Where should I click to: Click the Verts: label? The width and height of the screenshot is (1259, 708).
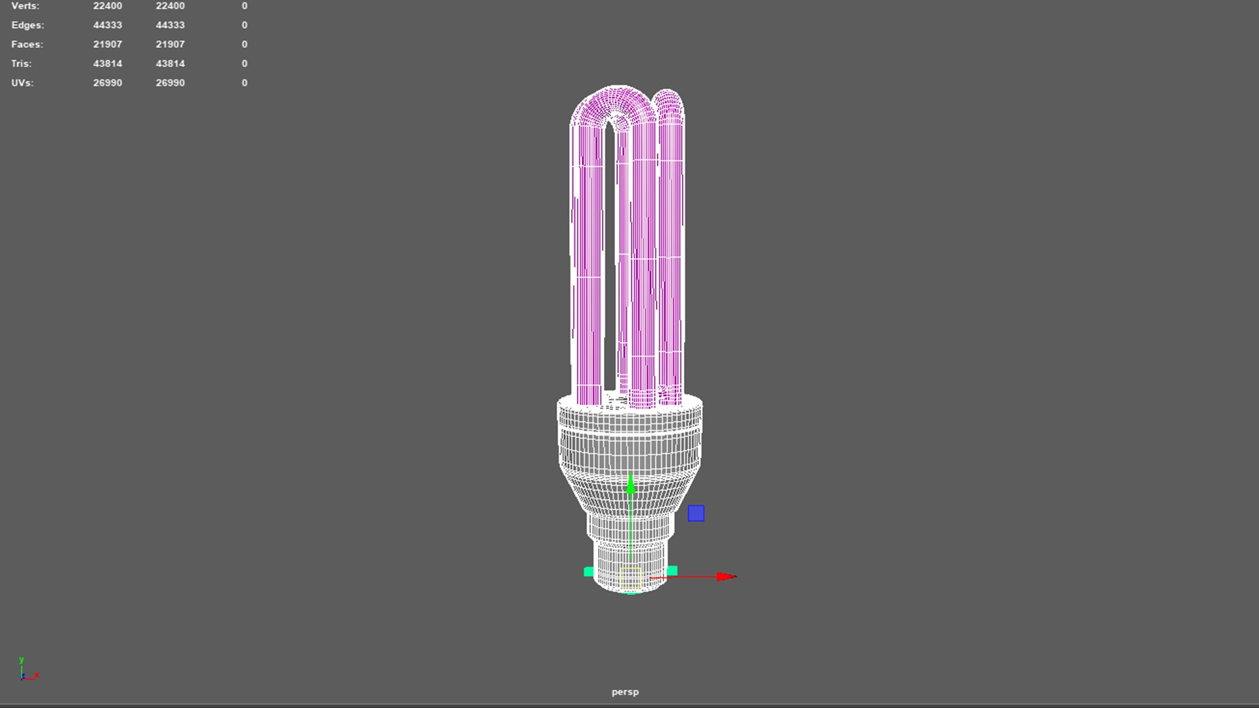[x=25, y=6]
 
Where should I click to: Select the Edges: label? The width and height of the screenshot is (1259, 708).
[x=28, y=25]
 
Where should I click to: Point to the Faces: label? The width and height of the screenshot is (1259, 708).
[x=27, y=44]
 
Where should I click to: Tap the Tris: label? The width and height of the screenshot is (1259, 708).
[x=21, y=64]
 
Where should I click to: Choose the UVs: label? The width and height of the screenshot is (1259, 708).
[x=22, y=83]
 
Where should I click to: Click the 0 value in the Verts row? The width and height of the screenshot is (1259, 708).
[x=245, y=6]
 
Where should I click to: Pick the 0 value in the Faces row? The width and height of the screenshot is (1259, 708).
[x=245, y=44]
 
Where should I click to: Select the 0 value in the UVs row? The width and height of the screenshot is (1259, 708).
[x=245, y=83]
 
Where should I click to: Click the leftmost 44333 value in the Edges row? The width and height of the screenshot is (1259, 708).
[x=108, y=25]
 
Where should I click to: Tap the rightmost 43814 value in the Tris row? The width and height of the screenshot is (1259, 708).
[x=170, y=64]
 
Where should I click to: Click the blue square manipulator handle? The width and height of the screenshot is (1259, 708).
[x=696, y=513]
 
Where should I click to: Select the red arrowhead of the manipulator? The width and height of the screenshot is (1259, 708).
[x=727, y=577]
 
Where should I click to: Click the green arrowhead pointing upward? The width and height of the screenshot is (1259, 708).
[x=631, y=485]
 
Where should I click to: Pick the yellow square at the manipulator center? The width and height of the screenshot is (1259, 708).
[x=630, y=578]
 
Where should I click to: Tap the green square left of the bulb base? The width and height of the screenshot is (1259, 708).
[x=589, y=572]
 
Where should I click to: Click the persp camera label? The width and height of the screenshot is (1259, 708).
[x=625, y=692]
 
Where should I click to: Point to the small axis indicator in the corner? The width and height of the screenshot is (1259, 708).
[x=26, y=671]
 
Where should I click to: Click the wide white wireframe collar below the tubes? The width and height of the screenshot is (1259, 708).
[x=629, y=416]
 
